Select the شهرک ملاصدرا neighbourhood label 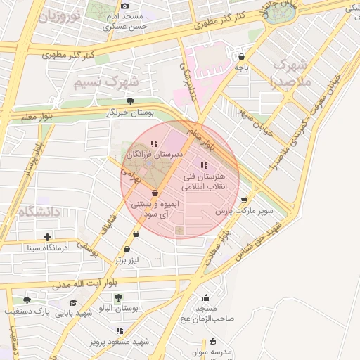pyautogui.click(x=290, y=72)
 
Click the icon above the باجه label pyautogui.click(x=242, y=57)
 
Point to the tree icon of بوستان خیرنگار pyautogui.click(x=129, y=102)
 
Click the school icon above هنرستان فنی pyautogui.click(x=205, y=165)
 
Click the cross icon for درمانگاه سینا pyautogui.click(x=47, y=237)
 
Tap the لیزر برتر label pyautogui.click(x=129, y=260)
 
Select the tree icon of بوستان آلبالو pyautogui.click(x=117, y=298)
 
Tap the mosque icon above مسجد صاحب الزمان pyautogui.click(x=205, y=298)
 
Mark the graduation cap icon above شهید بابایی pyautogui.click(x=73, y=302)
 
